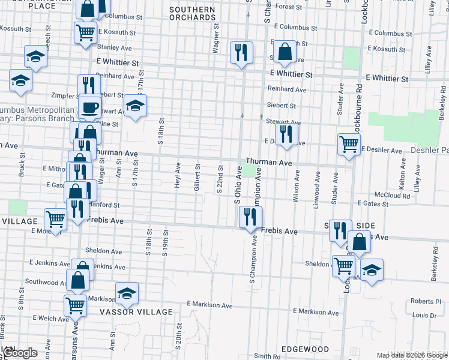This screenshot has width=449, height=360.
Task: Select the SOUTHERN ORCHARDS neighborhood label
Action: (192, 14)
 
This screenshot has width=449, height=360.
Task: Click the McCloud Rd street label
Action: (392, 196)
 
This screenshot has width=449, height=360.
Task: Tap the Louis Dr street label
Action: (424, 315)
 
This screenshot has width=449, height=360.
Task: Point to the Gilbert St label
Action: (197, 178)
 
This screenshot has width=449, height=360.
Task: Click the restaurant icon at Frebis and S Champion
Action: (250, 217)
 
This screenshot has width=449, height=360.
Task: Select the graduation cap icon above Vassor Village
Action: (127, 293)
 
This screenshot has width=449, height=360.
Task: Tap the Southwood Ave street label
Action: (42, 281)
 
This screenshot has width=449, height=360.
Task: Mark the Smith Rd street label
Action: (267, 356)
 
